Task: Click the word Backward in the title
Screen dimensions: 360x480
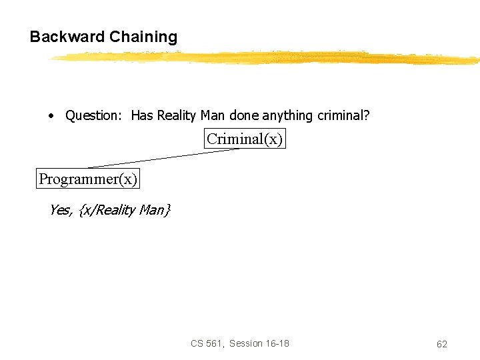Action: (67, 37)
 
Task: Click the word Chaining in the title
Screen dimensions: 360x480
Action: (143, 37)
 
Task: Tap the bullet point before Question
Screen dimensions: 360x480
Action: (51, 116)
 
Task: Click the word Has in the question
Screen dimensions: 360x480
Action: (142, 116)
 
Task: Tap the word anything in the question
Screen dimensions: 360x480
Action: (287, 116)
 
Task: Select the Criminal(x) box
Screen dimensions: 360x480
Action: (245, 139)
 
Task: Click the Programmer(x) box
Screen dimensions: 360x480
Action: (88, 179)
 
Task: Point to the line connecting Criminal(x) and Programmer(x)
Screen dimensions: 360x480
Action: (163, 158)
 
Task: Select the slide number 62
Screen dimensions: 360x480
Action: (441, 344)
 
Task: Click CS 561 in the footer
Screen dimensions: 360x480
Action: (207, 343)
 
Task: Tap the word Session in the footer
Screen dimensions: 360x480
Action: (245, 343)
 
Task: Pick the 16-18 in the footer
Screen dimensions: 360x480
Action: (277, 343)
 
